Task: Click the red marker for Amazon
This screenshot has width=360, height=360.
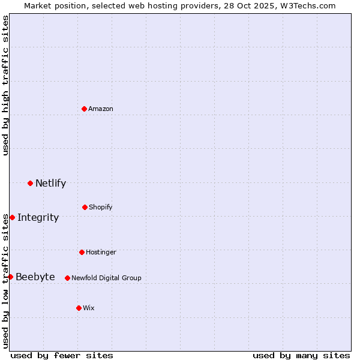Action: click(x=84, y=109)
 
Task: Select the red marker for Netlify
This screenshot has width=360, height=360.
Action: click(x=30, y=183)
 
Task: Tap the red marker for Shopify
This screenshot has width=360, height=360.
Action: click(x=85, y=207)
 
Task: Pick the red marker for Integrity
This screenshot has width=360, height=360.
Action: click(x=12, y=217)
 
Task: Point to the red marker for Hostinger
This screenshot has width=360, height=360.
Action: click(x=82, y=252)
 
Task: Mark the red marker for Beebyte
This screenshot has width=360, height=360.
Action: click(x=10, y=277)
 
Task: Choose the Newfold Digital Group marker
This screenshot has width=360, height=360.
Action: click(x=67, y=278)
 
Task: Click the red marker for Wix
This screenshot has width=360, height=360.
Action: click(x=79, y=308)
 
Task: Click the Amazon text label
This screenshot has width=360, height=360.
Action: click(x=101, y=109)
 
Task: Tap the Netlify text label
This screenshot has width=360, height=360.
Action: click(x=50, y=184)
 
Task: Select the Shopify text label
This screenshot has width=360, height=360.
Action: click(x=101, y=207)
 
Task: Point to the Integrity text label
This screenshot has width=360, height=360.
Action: click(x=38, y=218)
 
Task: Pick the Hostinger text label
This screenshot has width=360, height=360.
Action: click(x=101, y=252)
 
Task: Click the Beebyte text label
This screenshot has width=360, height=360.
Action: click(x=35, y=277)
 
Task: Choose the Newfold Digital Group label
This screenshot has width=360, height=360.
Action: click(x=106, y=278)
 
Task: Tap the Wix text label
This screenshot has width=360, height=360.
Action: click(x=89, y=308)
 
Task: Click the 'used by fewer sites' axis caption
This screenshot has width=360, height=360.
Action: click(x=62, y=355)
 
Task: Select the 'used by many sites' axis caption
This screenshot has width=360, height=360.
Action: click(x=301, y=355)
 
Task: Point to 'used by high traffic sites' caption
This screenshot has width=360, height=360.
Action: click(x=5, y=85)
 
